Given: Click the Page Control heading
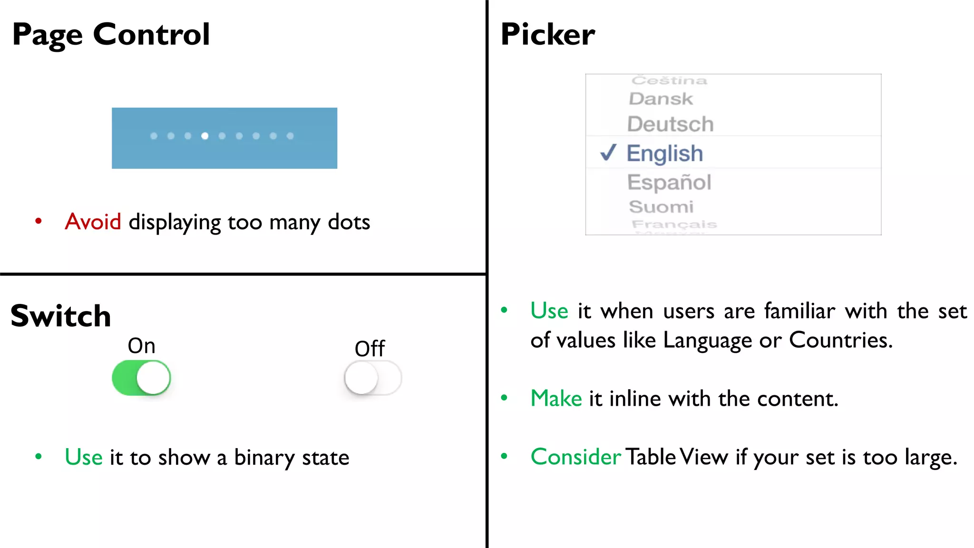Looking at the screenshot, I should [111, 35].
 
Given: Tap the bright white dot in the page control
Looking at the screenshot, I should [205, 136].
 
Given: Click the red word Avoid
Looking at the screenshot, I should [93, 222].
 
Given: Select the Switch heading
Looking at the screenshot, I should [61, 316].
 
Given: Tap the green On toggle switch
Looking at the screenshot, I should [141, 378].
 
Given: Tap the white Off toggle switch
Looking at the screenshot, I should [373, 378].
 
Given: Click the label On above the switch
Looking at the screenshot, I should [142, 346].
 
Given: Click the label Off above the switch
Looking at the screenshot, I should [370, 349].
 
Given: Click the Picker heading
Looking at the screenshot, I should [548, 35].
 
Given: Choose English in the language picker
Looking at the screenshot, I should [664, 153].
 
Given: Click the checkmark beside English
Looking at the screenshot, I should [608, 153].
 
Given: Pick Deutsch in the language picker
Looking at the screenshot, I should [671, 124].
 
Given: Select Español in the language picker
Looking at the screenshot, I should [669, 182].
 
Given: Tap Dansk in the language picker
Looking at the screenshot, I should [661, 99].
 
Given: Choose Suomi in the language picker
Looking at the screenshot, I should [661, 207].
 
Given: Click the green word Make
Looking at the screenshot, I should [556, 399].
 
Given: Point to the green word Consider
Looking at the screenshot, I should [575, 457].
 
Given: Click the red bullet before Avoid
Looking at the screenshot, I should [39, 221].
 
